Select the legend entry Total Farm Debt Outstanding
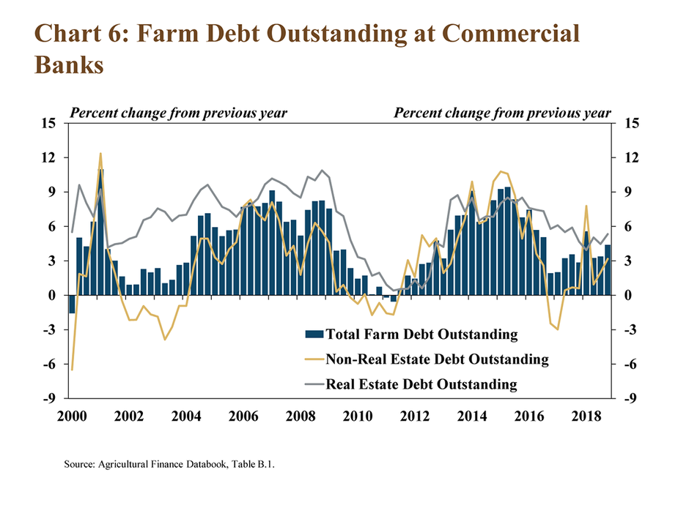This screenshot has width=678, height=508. point(421,335)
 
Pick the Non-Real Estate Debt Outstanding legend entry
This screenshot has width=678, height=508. point(437,359)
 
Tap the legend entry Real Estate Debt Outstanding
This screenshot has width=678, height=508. point(421,384)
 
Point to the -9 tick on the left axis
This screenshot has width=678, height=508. point(50,399)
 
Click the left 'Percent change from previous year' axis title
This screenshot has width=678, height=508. point(178,113)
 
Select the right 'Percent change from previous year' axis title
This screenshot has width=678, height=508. point(502,113)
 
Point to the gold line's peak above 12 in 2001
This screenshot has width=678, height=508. point(100,154)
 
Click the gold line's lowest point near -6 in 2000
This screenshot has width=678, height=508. point(72,370)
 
